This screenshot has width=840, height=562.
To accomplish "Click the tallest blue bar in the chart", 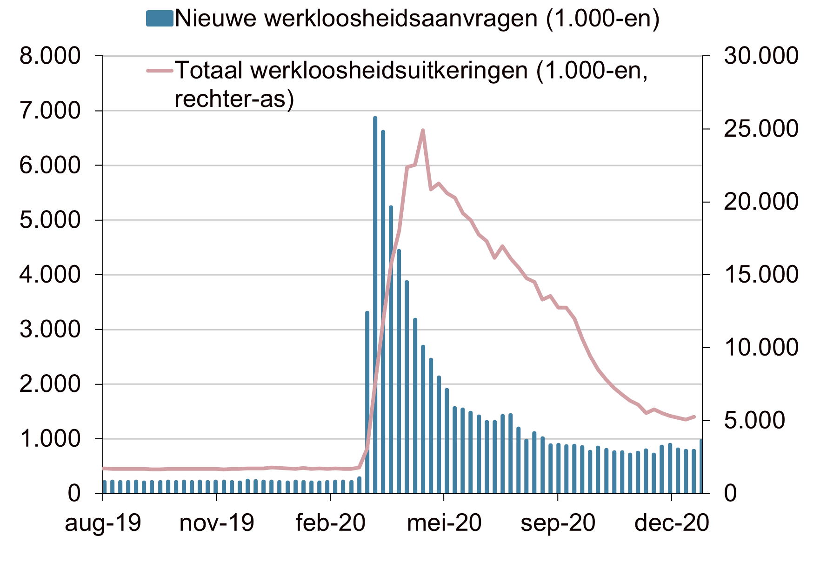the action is (375, 305).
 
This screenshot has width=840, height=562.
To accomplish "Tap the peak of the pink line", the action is (423, 130).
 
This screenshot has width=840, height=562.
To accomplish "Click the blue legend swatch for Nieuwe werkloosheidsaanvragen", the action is (160, 19).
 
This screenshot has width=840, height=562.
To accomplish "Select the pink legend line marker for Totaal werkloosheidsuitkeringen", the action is (160, 71).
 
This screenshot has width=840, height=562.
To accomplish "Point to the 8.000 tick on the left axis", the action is (99, 56).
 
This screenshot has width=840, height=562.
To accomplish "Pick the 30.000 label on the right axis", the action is (761, 56).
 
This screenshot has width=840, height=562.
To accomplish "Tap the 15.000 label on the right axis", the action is (761, 275).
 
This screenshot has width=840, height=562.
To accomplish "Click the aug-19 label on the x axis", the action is (103, 523).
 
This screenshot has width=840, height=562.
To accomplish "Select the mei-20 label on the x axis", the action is (444, 523).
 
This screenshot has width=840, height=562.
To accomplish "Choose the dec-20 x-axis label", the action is (672, 523).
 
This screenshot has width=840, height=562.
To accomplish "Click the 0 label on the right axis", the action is (730, 494).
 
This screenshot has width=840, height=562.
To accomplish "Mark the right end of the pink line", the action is (694, 417).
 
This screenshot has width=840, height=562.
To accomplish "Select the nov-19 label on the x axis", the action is (217, 523).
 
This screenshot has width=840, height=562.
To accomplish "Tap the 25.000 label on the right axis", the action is (761, 129).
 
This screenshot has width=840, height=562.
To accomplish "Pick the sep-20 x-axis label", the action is (558, 523).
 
